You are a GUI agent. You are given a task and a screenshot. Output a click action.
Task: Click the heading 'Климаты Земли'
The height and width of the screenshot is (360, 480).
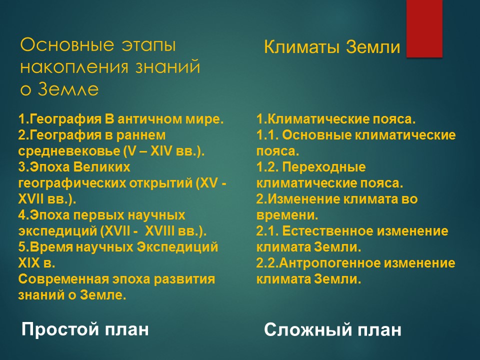coord(332,47)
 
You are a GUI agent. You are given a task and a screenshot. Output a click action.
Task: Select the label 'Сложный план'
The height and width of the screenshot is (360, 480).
coord(332,330)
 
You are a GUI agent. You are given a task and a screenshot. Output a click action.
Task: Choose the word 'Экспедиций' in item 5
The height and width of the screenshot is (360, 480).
coord(185,247)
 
